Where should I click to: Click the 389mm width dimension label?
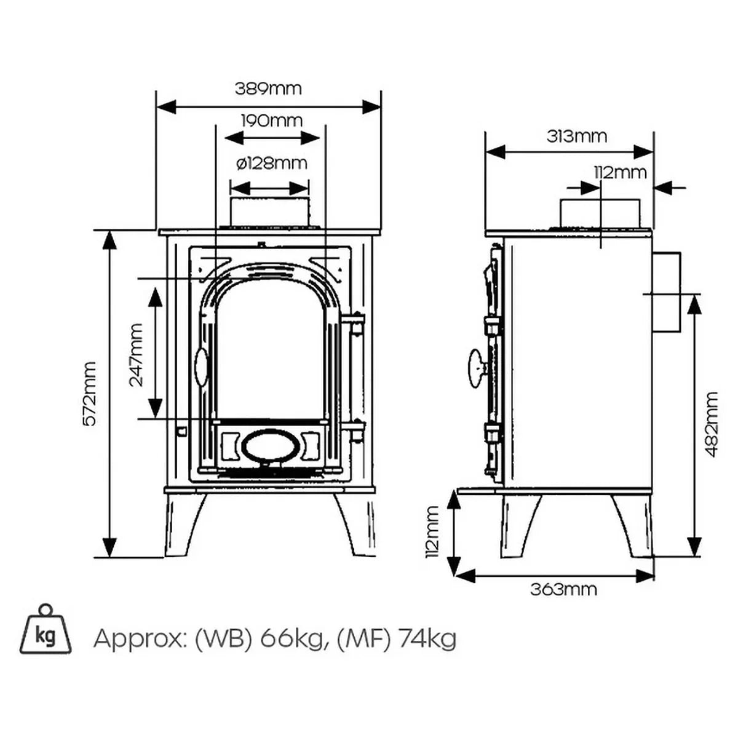point(268,89)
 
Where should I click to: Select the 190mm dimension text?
point(271,121)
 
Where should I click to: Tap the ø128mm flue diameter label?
point(271,164)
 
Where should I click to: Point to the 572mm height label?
point(90,394)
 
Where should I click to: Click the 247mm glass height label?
point(136,355)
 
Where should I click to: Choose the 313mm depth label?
point(576,136)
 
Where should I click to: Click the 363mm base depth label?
point(563,589)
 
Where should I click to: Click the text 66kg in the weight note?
point(292,640)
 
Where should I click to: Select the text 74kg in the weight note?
point(427,640)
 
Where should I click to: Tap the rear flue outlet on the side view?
point(667,292)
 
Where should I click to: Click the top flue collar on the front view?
point(269,212)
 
